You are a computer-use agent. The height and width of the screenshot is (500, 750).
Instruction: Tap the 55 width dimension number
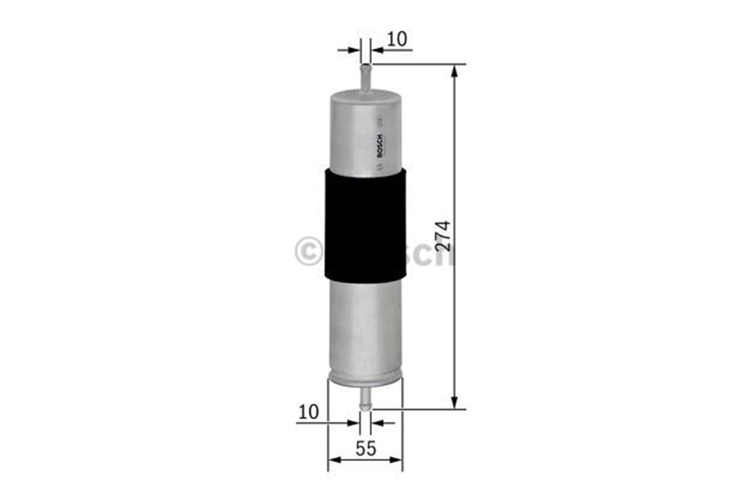coord(365,447)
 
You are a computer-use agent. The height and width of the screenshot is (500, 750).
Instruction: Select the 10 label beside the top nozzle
coord(397,38)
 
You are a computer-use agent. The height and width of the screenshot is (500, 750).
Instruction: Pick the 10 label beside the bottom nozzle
coord(308,411)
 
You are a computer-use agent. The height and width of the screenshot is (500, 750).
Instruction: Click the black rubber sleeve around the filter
coord(364,224)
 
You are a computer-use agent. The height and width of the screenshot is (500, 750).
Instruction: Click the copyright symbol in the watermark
coord(309,250)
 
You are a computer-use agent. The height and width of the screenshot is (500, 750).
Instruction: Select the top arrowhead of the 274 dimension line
coord(455,72)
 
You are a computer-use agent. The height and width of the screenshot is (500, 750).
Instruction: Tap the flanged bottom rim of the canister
coord(364,380)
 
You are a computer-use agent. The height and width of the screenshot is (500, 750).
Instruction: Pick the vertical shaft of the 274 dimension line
coord(455,317)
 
